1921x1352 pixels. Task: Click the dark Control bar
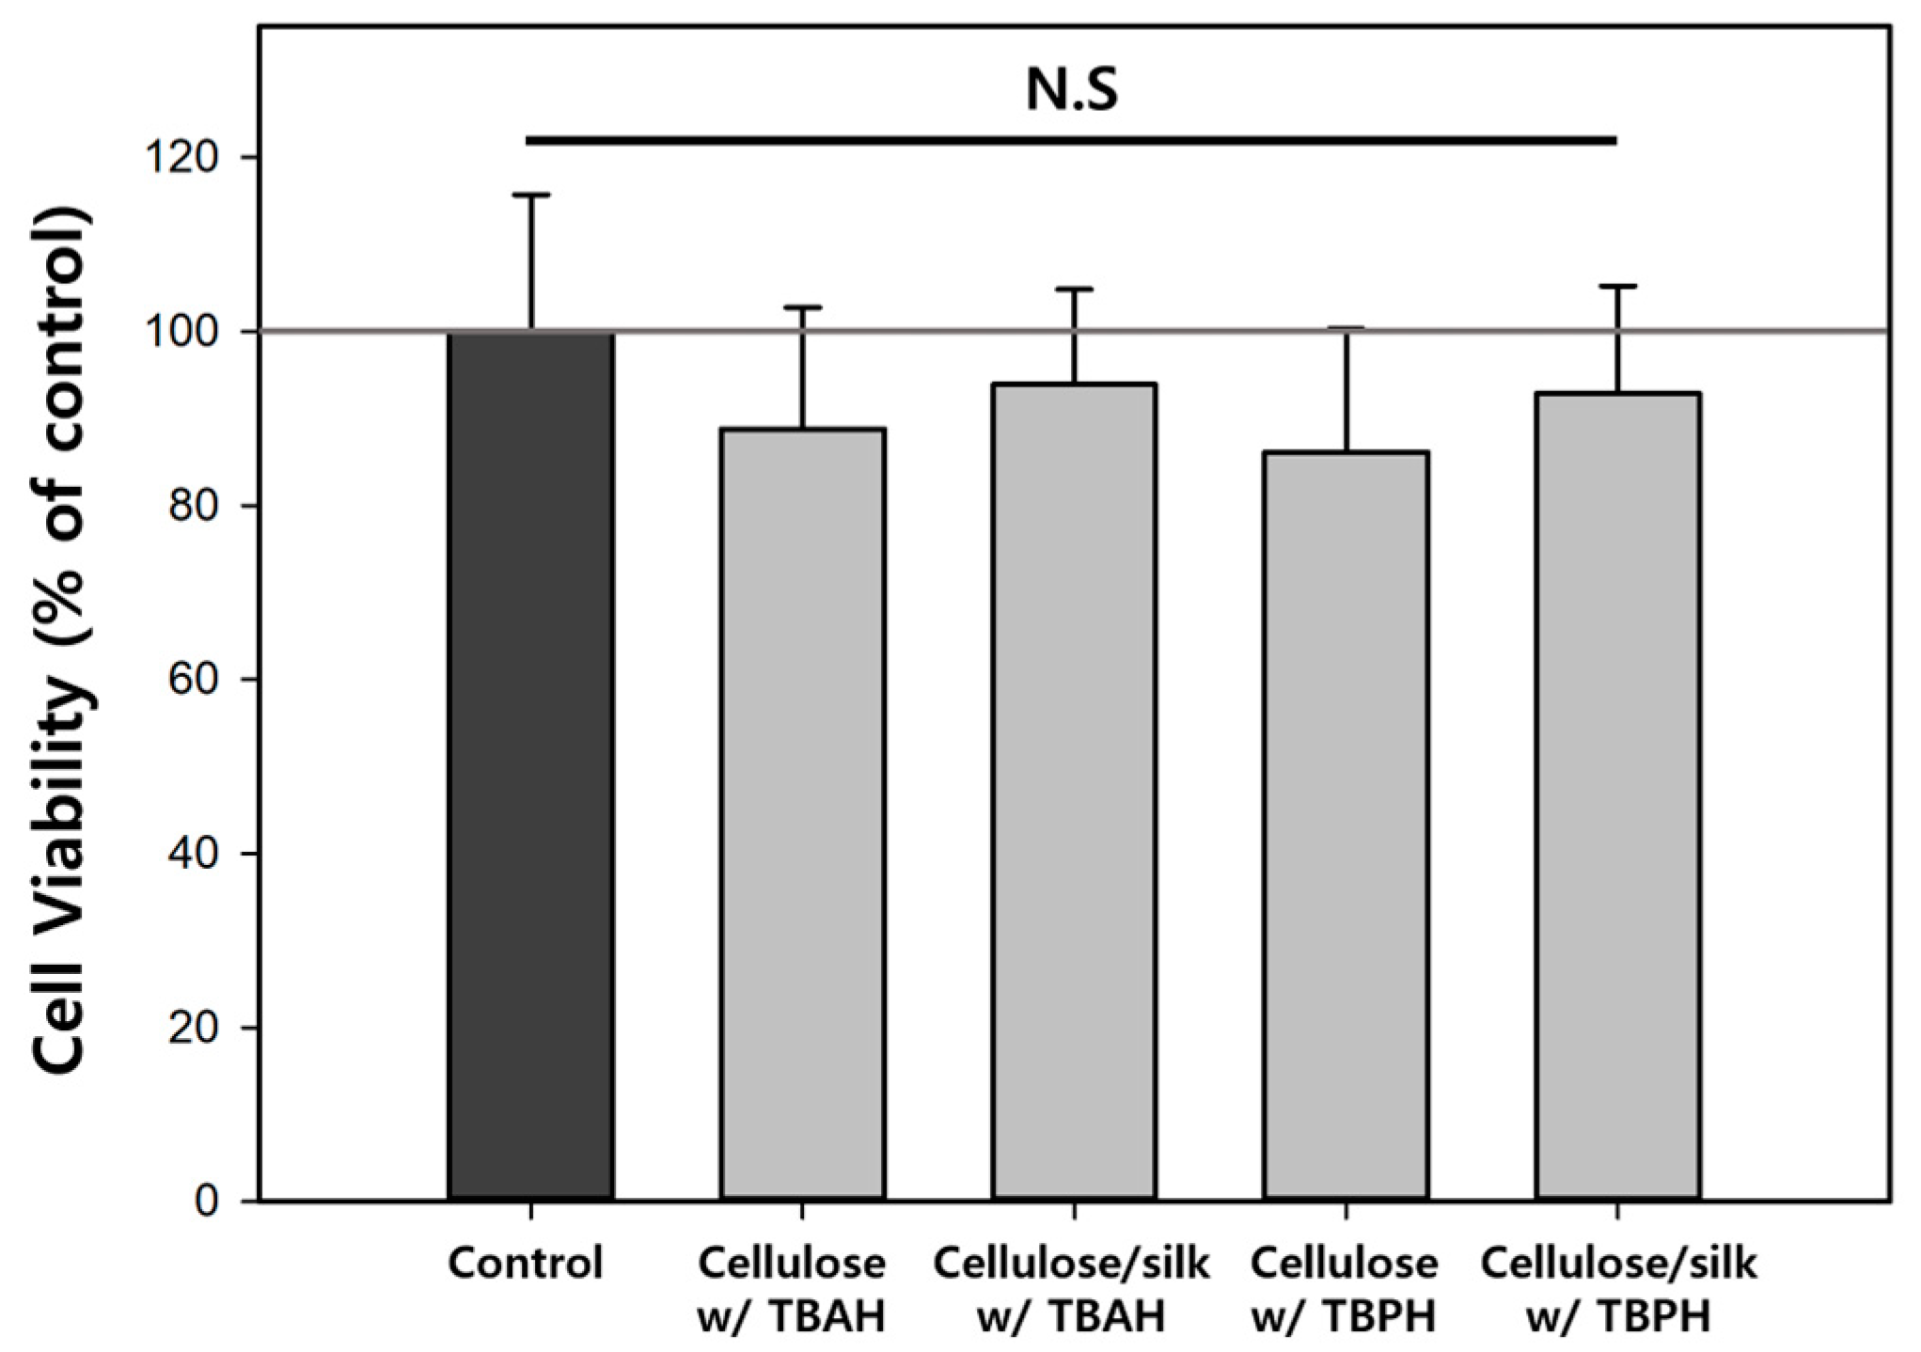coord(531,766)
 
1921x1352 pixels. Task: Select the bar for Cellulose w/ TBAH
coord(802,813)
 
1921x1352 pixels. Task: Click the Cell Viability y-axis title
coord(65,639)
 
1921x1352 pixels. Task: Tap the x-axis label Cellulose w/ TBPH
coord(1344,1290)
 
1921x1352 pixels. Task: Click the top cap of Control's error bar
coord(531,196)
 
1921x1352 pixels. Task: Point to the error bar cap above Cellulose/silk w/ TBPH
coord(1617,286)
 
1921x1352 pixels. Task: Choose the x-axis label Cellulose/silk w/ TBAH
coord(1071,1290)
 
